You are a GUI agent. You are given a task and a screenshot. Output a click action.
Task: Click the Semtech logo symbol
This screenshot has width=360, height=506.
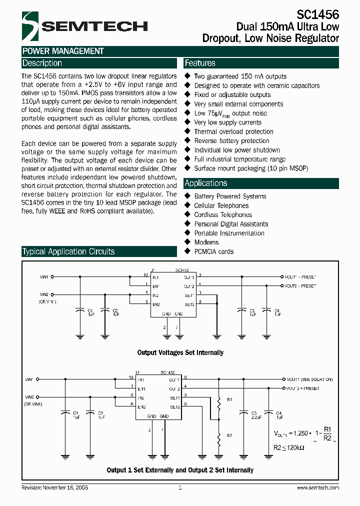click(30, 26)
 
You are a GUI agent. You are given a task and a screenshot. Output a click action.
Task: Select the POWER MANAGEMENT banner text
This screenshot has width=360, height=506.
click(63, 51)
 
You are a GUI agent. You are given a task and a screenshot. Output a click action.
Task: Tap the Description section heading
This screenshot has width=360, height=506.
click(42, 63)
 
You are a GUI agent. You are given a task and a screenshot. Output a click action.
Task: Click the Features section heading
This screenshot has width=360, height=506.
click(200, 63)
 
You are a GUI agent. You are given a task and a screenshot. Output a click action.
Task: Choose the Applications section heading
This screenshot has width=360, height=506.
click(206, 183)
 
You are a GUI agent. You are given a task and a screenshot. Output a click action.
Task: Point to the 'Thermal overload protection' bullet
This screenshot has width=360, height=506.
click(233, 131)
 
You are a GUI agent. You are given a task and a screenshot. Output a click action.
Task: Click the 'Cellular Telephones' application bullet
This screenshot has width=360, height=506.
click(221, 205)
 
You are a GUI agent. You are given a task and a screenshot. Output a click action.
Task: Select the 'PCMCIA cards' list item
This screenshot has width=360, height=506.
click(213, 251)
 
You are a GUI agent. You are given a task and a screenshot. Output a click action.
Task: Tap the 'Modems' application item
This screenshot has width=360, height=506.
click(206, 242)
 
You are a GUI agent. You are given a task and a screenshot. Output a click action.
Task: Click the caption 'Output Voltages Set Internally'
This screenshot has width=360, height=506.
click(180, 352)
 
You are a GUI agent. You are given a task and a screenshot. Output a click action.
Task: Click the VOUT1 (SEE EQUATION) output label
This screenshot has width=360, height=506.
click(309, 379)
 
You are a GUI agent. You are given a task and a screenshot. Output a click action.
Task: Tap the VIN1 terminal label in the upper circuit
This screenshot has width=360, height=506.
click(44, 276)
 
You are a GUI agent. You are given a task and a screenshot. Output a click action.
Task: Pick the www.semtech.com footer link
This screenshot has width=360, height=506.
click(318, 487)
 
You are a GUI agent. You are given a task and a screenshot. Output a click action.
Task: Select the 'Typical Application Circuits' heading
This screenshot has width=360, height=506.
click(68, 251)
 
